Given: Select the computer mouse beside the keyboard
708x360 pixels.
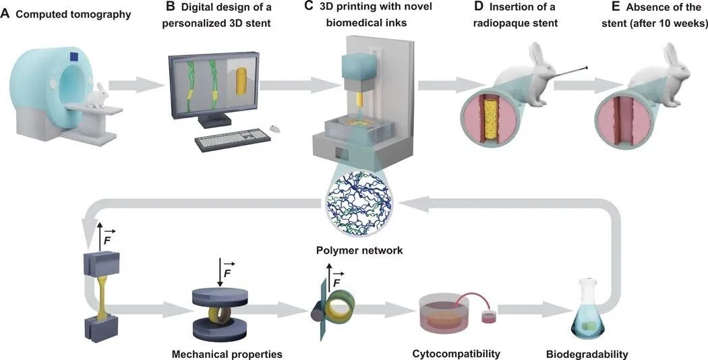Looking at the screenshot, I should click(274, 128).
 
